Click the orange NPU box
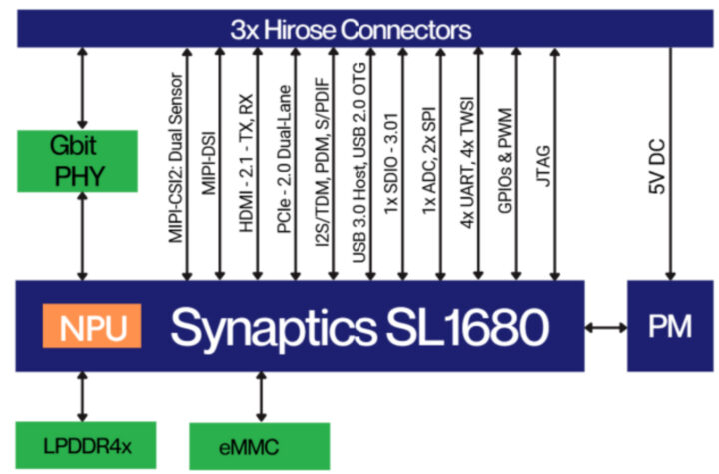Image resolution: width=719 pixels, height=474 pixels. pos(91,327)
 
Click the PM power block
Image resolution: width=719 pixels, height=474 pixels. pos(669,326)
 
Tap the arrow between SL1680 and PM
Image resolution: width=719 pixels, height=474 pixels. pos(605,326)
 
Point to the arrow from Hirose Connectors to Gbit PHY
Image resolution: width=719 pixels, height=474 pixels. pos(82,86)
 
